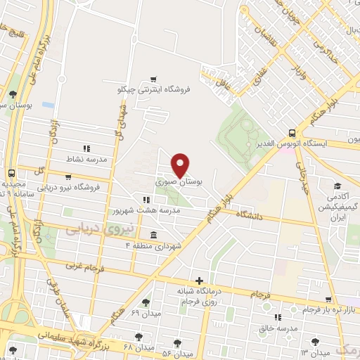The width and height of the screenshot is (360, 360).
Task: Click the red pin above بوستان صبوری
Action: (x=181, y=165)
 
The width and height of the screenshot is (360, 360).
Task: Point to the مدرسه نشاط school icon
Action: (x=86, y=148)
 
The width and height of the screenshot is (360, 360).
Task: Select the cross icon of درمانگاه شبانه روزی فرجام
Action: (x=200, y=281)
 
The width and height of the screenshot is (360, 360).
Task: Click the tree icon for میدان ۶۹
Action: (x=146, y=302)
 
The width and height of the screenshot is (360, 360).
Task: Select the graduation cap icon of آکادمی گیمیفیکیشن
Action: (x=337, y=186)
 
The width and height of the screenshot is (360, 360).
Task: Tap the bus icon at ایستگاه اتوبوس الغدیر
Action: (x=292, y=132)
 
